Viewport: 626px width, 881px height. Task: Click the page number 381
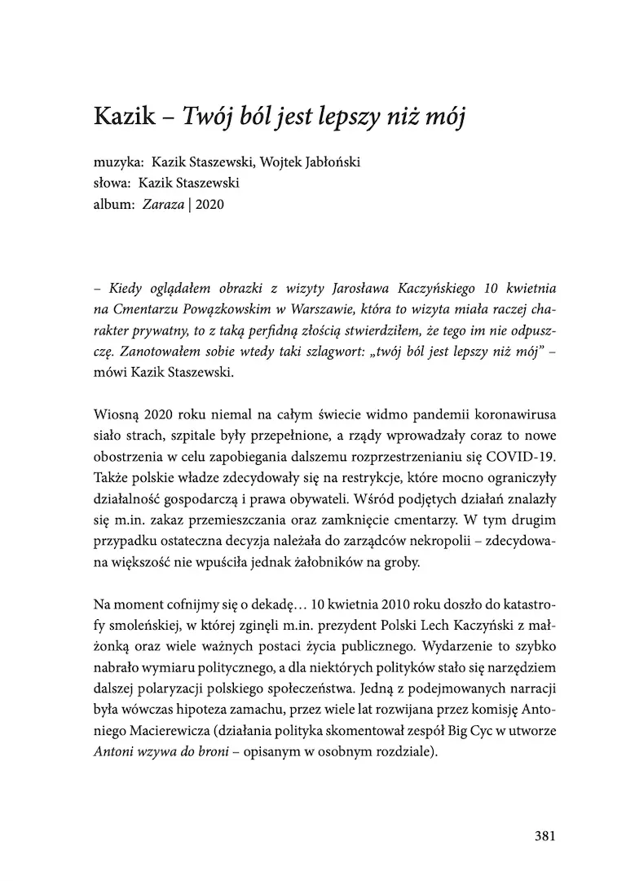pyautogui.click(x=544, y=835)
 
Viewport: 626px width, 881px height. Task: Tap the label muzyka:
pyautogui.click(x=119, y=162)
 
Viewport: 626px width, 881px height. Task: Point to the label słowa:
pyautogui.click(x=113, y=184)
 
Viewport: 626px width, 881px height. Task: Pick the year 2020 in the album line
pyautogui.click(x=209, y=205)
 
